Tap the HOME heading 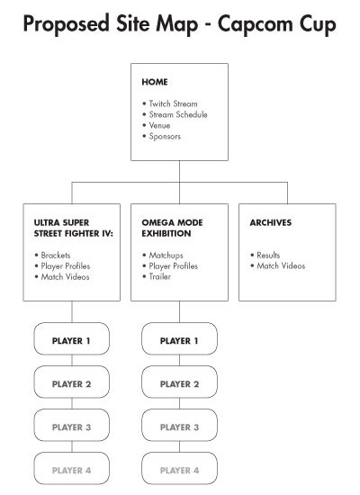(x=155, y=82)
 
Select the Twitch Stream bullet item (x=173, y=103)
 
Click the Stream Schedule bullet (x=178, y=114)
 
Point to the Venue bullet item (x=159, y=125)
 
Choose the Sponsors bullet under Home (x=165, y=137)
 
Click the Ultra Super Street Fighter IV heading (x=74, y=228)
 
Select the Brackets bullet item (x=56, y=255)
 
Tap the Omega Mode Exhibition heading (x=172, y=228)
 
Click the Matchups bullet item (x=166, y=255)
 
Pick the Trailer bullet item (x=160, y=276)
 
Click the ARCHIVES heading (x=271, y=222)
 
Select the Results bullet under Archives (x=268, y=255)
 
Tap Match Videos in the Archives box (x=281, y=265)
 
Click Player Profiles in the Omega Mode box (x=174, y=266)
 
